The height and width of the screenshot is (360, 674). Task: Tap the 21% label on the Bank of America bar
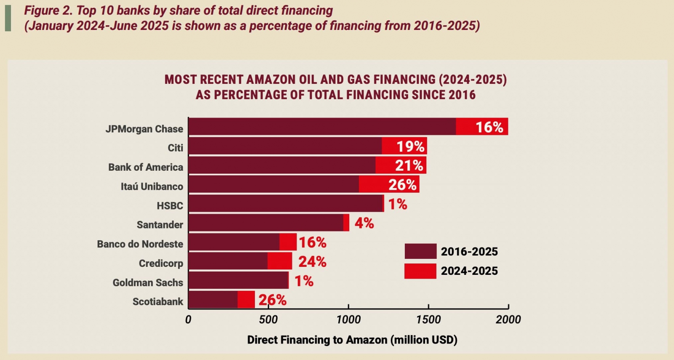pyautogui.click(x=409, y=165)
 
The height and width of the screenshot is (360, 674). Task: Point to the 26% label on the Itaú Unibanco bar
pyautogui.click(x=402, y=185)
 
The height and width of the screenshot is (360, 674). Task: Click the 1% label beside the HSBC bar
pyautogui.click(x=397, y=204)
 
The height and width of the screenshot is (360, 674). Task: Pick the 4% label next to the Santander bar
pyautogui.click(x=364, y=223)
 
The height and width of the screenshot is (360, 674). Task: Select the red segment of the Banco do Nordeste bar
pyautogui.click(x=288, y=242)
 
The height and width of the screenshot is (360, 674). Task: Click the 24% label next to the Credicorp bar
pyautogui.click(x=312, y=262)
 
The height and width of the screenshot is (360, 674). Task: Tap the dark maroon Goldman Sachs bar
pyautogui.click(x=238, y=280)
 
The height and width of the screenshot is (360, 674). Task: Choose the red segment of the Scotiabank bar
pyautogui.click(x=246, y=299)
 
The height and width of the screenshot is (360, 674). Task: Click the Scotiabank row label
pyautogui.click(x=158, y=302)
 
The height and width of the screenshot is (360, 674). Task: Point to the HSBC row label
pyautogui.click(x=170, y=206)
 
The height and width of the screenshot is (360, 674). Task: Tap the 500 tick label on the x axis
pyautogui.click(x=268, y=320)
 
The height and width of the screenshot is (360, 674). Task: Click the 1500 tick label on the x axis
pyautogui.click(x=428, y=320)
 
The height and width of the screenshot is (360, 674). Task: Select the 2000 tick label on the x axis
pyautogui.click(x=508, y=320)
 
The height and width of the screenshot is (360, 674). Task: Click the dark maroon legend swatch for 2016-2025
pyautogui.click(x=420, y=251)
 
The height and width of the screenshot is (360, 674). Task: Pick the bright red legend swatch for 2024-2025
pyautogui.click(x=420, y=271)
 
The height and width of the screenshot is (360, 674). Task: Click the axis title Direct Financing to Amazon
pyautogui.click(x=352, y=340)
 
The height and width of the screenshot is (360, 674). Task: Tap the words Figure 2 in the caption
pyautogui.click(x=48, y=11)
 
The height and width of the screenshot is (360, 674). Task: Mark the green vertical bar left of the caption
pyautogui.click(x=8, y=18)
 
